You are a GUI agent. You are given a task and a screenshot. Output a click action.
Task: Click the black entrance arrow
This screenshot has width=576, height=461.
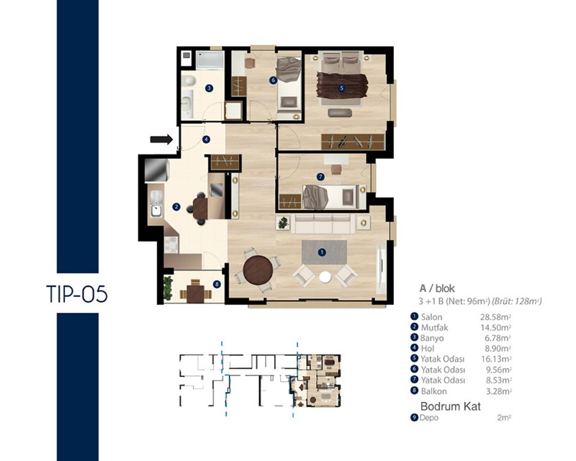pos(161,139)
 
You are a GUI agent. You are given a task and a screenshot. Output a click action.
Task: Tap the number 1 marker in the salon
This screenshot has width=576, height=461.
pos(322,252)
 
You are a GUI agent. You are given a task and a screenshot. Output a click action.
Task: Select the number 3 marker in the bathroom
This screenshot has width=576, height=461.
pos(209,88)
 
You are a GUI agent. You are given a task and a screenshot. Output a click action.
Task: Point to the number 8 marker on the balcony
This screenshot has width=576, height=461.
pos(217,284)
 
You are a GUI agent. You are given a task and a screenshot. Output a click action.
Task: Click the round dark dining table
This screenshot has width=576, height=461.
pos(258,270)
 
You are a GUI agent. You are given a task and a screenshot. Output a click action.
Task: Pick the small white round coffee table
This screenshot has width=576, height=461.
pos(325,277)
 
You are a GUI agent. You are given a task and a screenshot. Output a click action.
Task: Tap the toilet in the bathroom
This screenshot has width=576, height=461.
pos(189,81)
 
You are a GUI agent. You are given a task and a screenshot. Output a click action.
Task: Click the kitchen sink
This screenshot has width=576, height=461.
pos(156,204)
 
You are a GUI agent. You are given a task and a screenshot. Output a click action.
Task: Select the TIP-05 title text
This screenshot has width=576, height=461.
pos(77,294)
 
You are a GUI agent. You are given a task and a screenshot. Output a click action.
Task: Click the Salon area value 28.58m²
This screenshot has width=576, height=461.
pos(496,317)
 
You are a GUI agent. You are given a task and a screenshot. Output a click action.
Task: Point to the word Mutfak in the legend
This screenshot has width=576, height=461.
pos(434,327)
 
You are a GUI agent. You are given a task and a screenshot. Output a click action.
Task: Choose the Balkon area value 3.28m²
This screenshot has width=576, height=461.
pos(499,391)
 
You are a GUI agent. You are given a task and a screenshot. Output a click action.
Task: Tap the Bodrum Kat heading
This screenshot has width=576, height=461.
pos(451,406)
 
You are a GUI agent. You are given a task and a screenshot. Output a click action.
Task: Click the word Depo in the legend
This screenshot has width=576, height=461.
pos(429,418)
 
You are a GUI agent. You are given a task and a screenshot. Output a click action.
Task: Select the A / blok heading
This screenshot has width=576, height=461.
pos(437,288)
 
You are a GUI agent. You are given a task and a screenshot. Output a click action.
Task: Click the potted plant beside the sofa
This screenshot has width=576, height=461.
pos(283,222)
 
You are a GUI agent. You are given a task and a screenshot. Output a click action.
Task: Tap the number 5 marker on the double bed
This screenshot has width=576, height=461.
pos(341,88)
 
